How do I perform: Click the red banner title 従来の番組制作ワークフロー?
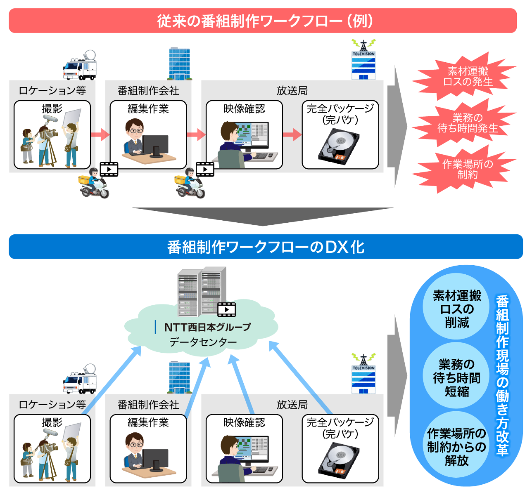[x=264, y=21]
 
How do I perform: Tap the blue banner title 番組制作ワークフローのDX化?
[x=266, y=247]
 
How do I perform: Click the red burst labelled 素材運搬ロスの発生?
[x=468, y=76]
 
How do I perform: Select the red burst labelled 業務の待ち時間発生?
[x=468, y=123]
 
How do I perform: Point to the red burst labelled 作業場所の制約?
[x=468, y=170]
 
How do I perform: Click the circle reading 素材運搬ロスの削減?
[x=457, y=309]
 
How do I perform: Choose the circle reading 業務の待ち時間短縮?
[x=457, y=377]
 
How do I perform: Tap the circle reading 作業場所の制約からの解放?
[x=457, y=446]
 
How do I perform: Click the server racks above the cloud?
[x=202, y=291]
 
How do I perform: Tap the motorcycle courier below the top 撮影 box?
[x=94, y=184]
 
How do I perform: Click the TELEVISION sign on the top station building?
[x=363, y=54]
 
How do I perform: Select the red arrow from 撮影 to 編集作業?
[x=100, y=134]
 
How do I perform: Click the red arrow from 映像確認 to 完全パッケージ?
[x=292, y=134]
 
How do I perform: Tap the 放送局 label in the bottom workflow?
[x=292, y=404]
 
